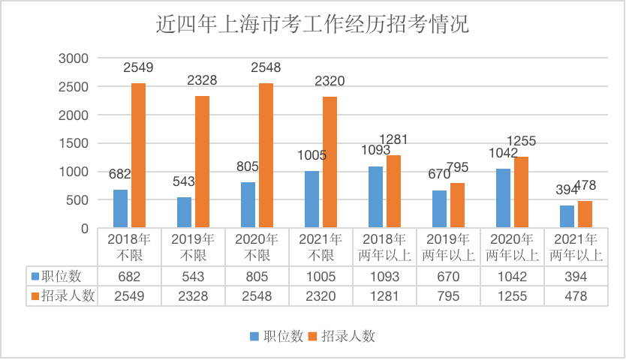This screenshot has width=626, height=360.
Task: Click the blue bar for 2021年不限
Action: pos(311,199)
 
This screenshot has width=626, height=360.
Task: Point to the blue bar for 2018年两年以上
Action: pos(375,197)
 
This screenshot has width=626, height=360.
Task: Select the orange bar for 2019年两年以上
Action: pos(457,205)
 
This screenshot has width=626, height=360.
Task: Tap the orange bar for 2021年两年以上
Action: pos(585,214)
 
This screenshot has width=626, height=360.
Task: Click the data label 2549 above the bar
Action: pos(138,67)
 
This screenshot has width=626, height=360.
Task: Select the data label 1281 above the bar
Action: pos(393,139)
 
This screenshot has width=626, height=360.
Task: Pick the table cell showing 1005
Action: pos(321,276)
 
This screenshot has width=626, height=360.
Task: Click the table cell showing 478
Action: pos(576,295)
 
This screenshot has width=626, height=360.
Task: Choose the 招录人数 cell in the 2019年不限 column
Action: pos(194,295)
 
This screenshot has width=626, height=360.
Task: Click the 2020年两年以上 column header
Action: pos(513,247)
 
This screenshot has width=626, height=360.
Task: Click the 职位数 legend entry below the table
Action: pos(274,336)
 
